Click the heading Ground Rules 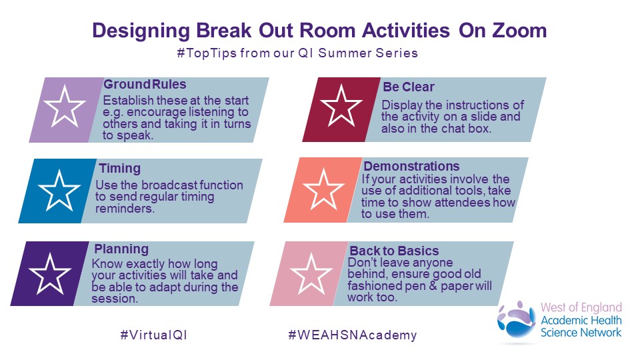pos(145,84)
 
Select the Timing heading pos(119,168)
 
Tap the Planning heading pos(121,249)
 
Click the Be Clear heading pos(409,87)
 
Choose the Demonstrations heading pos(411,166)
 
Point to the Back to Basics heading pos(394,251)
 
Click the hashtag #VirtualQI pos(154,335)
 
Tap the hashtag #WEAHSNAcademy pos(353,335)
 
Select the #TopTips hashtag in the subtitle pos(207,53)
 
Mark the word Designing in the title pos(141,31)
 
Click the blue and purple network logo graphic pos(517,319)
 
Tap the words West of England pos(581,307)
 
